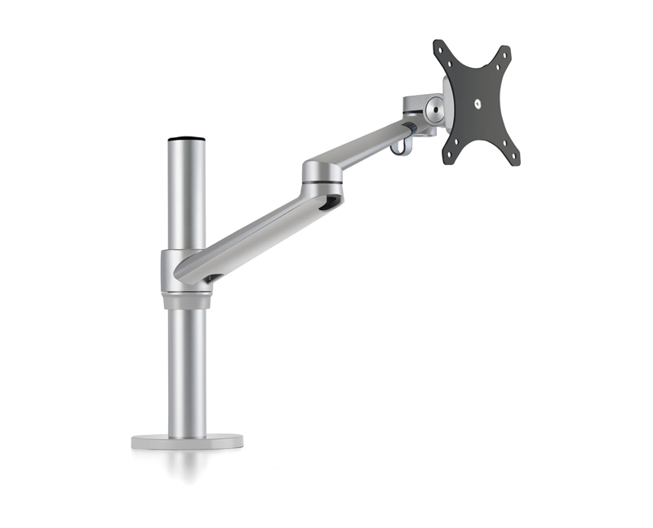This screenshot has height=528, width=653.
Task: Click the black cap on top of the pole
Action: (186, 140)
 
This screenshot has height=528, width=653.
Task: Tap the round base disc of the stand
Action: (187, 441)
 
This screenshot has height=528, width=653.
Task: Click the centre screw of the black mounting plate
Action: (477, 103)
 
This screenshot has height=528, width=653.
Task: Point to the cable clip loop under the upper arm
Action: (400, 145)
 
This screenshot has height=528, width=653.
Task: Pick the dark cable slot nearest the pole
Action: (211, 279)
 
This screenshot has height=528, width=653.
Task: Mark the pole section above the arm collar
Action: (186, 196)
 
